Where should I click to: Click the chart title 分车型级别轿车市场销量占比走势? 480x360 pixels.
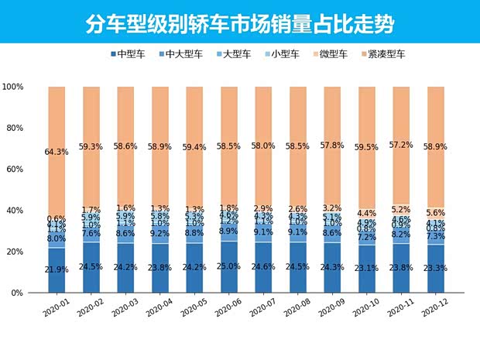[x=240, y=23]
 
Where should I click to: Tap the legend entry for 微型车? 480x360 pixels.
[x=334, y=54]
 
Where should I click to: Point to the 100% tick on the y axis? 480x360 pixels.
[x=14, y=87]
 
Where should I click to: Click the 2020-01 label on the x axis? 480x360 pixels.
[x=56, y=308]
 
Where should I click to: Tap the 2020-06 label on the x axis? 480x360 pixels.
[x=229, y=308]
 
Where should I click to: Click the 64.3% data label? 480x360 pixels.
[x=56, y=152]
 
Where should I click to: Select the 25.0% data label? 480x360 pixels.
[x=229, y=267]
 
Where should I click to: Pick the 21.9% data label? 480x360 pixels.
[x=56, y=270]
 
